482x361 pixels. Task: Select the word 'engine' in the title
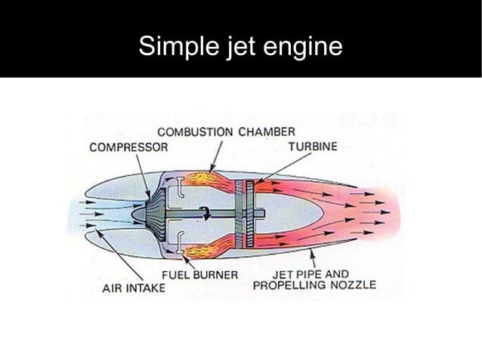302,47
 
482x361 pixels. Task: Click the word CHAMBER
267,132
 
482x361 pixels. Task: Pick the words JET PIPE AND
311,273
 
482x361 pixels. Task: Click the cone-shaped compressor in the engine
154,214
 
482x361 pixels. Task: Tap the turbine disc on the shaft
243,214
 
